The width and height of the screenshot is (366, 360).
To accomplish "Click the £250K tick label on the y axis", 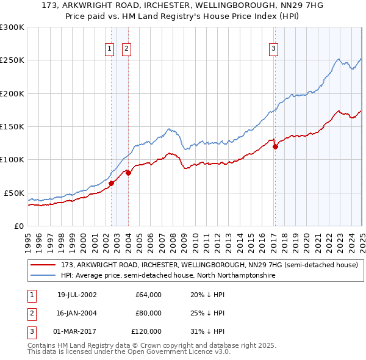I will pyautogui.click(x=12, y=60).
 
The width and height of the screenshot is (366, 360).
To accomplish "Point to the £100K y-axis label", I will pyautogui.click(x=12, y=159).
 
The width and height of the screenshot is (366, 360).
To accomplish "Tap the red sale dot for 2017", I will pyautogui.click(x=275, y=146).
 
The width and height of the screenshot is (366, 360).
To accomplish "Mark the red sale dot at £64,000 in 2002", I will pyautogui.click(x=112, y=183).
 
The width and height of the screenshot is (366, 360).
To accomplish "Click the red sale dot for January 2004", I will pyautogui.click(x=128, y=173).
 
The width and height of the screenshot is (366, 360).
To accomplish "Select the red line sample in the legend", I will pyautogui.click(x=43, y=265).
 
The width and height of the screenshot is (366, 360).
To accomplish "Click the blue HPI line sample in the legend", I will pyautogui.click(x=43, y=276).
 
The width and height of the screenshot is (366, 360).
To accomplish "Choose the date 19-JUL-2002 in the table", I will pyautogui.click(x=77, y=295).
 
